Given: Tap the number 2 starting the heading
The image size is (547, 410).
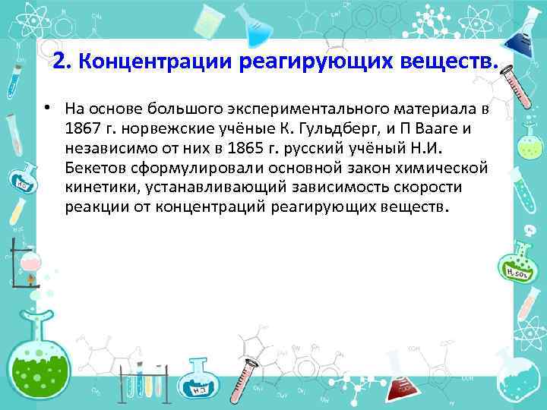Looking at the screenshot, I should click(59, 63).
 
